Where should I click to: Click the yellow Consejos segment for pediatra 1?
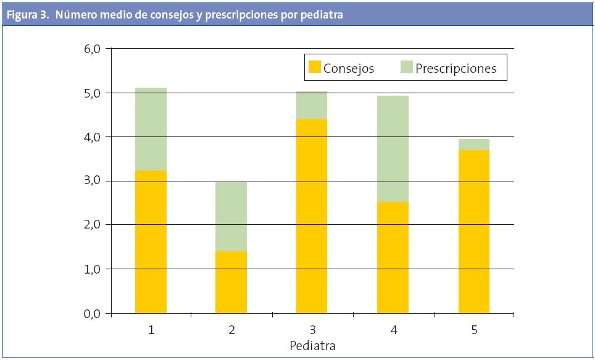tap(151, 241)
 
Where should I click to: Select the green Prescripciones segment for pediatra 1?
tap(151, 128)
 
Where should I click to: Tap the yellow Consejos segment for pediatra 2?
tap(231, 282)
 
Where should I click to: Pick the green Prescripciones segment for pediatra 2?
tap(231, 216)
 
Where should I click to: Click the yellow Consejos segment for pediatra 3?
tap(311, 216)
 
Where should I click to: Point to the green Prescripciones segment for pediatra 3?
tap(311, 105)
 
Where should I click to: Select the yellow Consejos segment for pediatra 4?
tap(393, 257)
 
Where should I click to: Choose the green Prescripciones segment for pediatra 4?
tap(393, 148)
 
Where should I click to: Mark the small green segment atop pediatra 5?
tap(473, 144)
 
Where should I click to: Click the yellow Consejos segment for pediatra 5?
tap(473, 232)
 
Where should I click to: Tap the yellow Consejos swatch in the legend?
tap(314, 68)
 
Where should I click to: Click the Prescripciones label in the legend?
tap(456, 69)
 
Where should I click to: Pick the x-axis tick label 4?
tap(393, 330)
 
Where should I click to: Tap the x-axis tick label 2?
tap(231, 330)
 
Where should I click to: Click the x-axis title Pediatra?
tap(312, 346)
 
